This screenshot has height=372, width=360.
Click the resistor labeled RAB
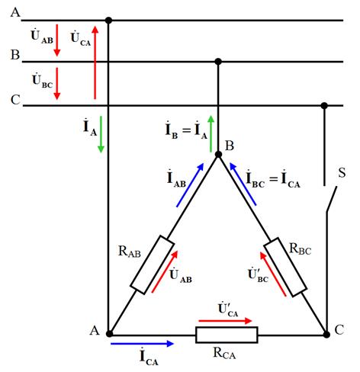(153, 265)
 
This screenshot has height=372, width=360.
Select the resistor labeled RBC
(285, 267)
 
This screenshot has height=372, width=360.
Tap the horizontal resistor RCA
(227, 335)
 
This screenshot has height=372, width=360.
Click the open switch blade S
(332, 199)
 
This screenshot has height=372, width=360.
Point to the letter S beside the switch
(342, 173)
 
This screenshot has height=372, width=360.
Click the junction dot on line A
(108, 20)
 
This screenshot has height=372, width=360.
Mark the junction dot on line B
(218, 62)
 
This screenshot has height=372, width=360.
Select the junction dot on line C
(324, 105)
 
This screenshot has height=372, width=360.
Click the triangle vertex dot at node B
(218, 154)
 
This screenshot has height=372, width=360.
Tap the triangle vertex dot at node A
(109, 334)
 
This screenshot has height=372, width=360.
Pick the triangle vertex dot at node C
(326, 335)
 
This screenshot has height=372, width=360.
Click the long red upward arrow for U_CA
(95, 63)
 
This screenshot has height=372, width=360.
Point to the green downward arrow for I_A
(101, 134)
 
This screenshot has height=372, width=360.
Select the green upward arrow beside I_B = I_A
(211, 134)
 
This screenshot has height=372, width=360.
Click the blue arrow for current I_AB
(190, 185)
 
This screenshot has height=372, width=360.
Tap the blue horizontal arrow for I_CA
(143, 344)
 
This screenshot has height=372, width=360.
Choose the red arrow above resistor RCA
(225, 321)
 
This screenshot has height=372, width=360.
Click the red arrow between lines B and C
(57, 84)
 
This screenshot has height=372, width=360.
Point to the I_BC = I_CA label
(273, 179)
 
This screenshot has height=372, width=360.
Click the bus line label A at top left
(15, 12)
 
